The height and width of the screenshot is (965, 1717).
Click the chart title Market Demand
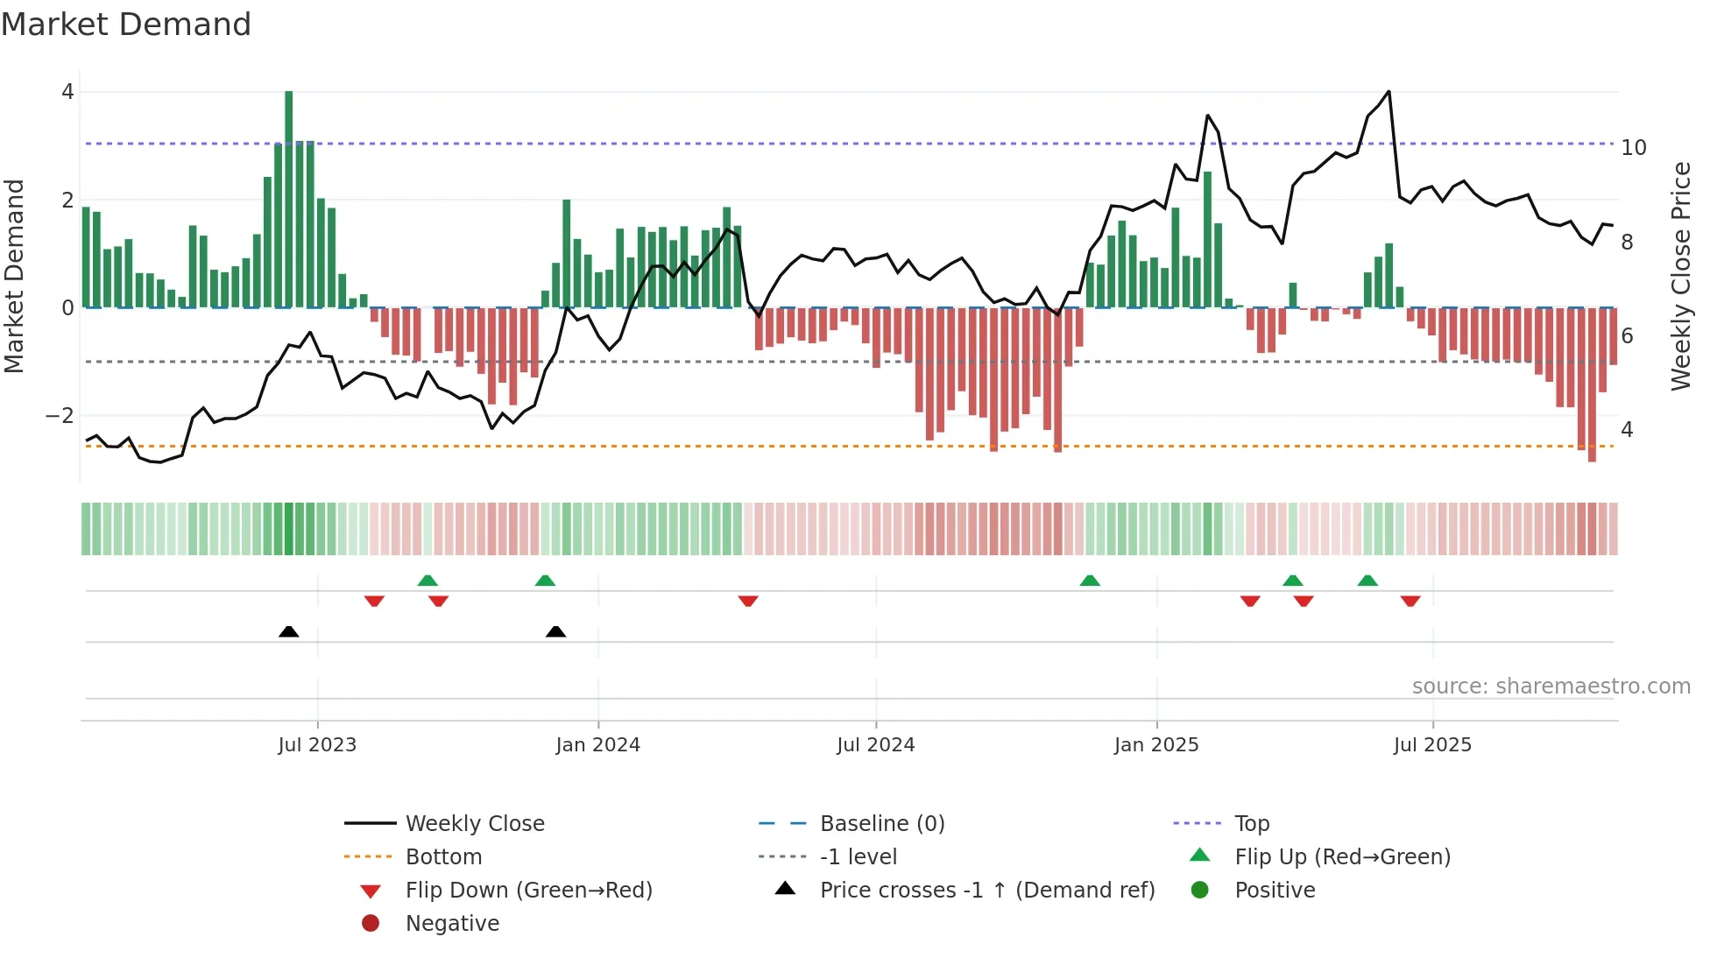[x=126, y=25]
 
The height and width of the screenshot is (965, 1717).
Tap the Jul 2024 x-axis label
[x=875, y=745]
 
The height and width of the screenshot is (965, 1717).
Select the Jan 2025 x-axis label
[x=1156, y=745]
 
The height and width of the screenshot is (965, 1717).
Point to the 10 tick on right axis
[x=1633, y=148]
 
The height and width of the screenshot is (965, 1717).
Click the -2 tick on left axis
[x=60, y=416]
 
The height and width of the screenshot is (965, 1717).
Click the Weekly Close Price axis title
[x=1680, y=276]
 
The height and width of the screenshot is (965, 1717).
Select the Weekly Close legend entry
[x=474, y=824]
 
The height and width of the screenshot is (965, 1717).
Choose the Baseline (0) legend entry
[x=881, y=824]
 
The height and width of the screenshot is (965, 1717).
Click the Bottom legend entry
[x=443, y=857]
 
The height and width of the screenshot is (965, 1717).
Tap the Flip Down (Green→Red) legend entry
[x=528, y=891]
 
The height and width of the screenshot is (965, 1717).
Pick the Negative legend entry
[x=452, y=924]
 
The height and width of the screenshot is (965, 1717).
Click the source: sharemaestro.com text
[x=1551, y=687]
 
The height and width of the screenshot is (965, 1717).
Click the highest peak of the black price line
[x=1388, y=92]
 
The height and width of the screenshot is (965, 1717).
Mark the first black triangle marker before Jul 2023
[x=288, y=631]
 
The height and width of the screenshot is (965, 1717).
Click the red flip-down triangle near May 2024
[x=747, y=601]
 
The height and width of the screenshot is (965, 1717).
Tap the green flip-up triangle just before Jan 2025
[x=1090, y=581]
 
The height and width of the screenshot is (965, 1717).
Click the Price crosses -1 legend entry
[x=986, y=891]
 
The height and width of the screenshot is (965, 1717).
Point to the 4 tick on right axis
[x=1627, y=430]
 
